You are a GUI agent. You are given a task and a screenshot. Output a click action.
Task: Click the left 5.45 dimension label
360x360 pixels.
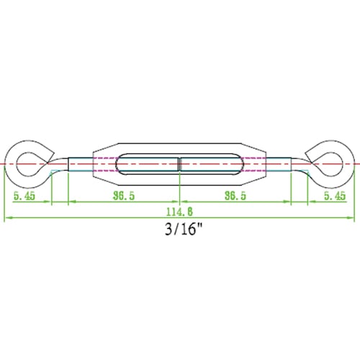(x=24, y=196)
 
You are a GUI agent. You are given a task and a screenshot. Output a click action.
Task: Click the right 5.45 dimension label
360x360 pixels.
(x=335, y=196)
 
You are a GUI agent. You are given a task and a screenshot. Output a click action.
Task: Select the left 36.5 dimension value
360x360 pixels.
(x=124, y=196)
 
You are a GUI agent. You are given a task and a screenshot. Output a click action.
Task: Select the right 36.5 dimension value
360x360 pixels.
(x=235, y=196)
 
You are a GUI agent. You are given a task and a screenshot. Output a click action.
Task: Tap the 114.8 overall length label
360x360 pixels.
(x=179, y=212)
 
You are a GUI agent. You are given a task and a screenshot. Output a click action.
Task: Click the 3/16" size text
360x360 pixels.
(x=184, y=229)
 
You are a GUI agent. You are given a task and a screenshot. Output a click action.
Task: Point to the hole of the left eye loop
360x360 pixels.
(x=30, y=164)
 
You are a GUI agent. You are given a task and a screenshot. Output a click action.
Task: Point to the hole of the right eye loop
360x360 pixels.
(x=329, y=164)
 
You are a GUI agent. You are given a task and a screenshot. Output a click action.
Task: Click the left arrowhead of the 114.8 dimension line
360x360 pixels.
(x=8, y=217)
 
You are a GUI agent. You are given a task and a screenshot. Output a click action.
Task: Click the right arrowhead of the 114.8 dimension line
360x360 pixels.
(x=351, y=217)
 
